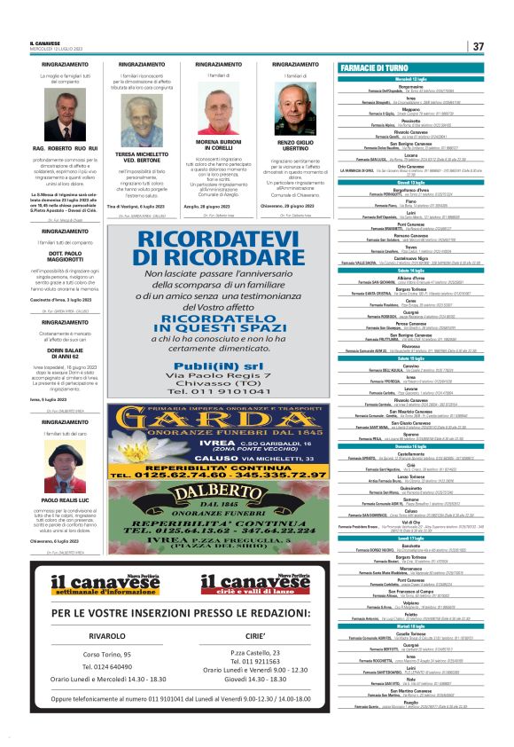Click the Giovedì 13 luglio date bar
[x=409, y=182]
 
